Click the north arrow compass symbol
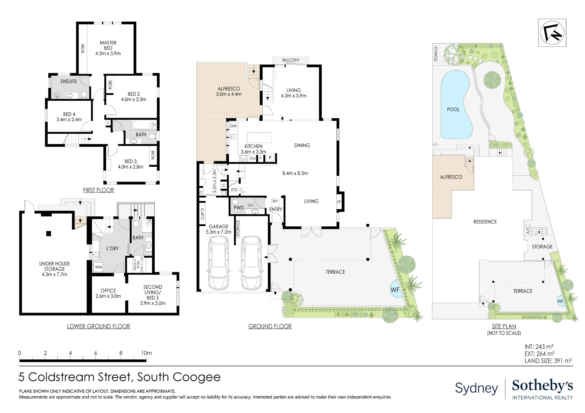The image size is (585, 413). (x=552, y=33)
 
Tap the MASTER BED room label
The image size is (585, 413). (x=108, y=45)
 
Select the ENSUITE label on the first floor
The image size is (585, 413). (x=69, y=81)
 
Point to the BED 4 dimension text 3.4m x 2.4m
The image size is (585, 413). (x=69, y=119)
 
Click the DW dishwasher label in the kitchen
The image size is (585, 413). (x=233, y=126)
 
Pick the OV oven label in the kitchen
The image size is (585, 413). (x=253, y=158)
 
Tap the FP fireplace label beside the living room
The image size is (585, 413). (x=339, y=202)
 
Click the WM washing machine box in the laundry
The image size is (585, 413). (x=99, y=267)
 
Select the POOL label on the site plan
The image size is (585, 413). (x=453, y=110)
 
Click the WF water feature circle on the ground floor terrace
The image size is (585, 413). (x=395, y=289)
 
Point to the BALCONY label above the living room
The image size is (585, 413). (x=291, y=60)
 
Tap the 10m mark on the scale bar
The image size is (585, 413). (x=146, y=353)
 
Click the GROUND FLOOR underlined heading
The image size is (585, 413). (x=270, y=326)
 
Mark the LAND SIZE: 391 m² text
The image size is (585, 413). (x=548, y=361)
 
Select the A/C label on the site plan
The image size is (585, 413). (x=528, y=230)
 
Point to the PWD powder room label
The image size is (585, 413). (x=238, y=208)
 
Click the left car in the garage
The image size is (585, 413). (x=218, y=263)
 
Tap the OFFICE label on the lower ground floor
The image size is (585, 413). (x=108, y=291)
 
